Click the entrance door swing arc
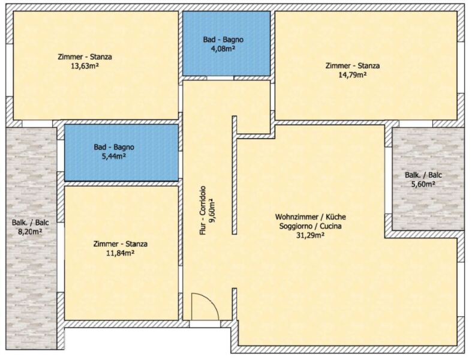[x=212, y=302]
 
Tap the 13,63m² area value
[x=85, y=66]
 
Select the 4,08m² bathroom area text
[x=224, y=48]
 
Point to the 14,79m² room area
[x=352, y=74]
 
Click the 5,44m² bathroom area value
[x=114, y=157]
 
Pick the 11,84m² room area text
[x=121, y=253]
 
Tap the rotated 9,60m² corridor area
[x=211, y=211]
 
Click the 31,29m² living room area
[x=311, y=235]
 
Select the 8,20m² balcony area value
[x=30, y=232]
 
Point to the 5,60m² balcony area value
[x=423, y=184]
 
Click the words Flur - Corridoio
[x=202, y=211]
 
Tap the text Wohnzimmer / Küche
[x=311, y=217]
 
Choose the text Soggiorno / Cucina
[x=311, y=226]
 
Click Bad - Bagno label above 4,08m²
[x=223, y=40]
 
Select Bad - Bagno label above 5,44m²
[x=114, y=147]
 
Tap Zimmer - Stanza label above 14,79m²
[x=353, y=66]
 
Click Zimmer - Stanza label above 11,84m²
[x=121, y=244]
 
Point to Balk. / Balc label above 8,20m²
[x=31, y=223]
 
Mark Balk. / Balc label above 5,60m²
[x=423, y=175]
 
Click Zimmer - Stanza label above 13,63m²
[x=85, y=56]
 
